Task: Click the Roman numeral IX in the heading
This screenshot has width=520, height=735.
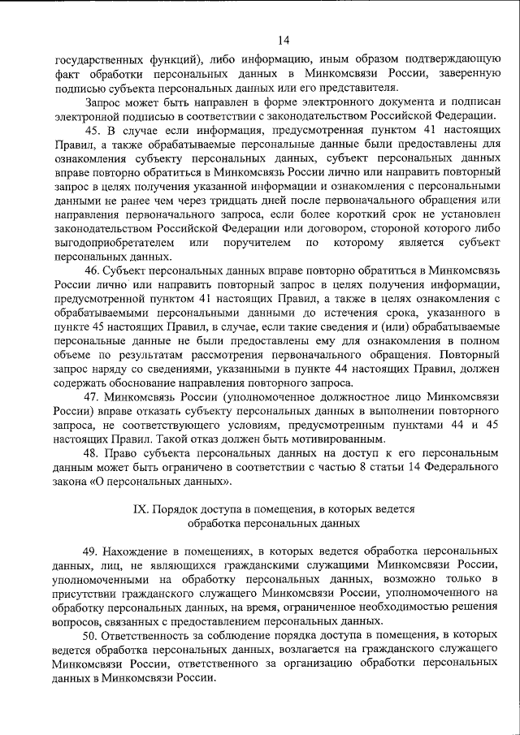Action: (x=140, y=511)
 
